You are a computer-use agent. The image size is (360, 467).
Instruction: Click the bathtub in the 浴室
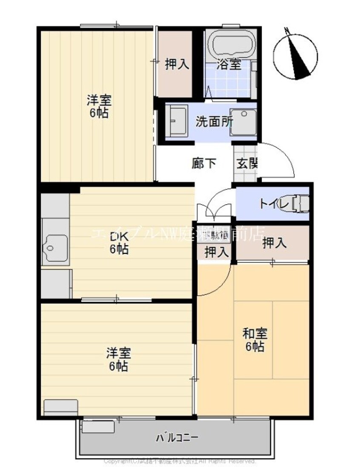pyautogui.click(x=232, y=44)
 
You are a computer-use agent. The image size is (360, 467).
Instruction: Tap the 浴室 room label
pyautogui.click(x=229, y=65)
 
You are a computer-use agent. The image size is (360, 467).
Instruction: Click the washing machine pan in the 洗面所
pyautogui.click(x=244, y=122)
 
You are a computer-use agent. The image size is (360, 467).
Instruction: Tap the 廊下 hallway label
pyautogui.click(x=204, y=163)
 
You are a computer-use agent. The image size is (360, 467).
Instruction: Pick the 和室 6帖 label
pyautogui.click(x=254, y=339)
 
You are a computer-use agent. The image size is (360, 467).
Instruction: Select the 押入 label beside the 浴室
pyautogui.click(x=177, y=64)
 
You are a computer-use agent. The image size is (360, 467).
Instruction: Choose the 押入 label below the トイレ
pyautogui.click(x=274, y=243)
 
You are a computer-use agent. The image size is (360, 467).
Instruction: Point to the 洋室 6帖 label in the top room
pyautogui.click(x=99, y=107)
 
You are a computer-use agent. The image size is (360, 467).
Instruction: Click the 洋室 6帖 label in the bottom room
pyautogui.click(x=118, y=359)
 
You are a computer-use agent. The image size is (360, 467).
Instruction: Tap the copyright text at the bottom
pyautogui.click(x=180, y=461)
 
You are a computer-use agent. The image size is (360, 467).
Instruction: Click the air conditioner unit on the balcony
pyautogui.click(x=98, y=427)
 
